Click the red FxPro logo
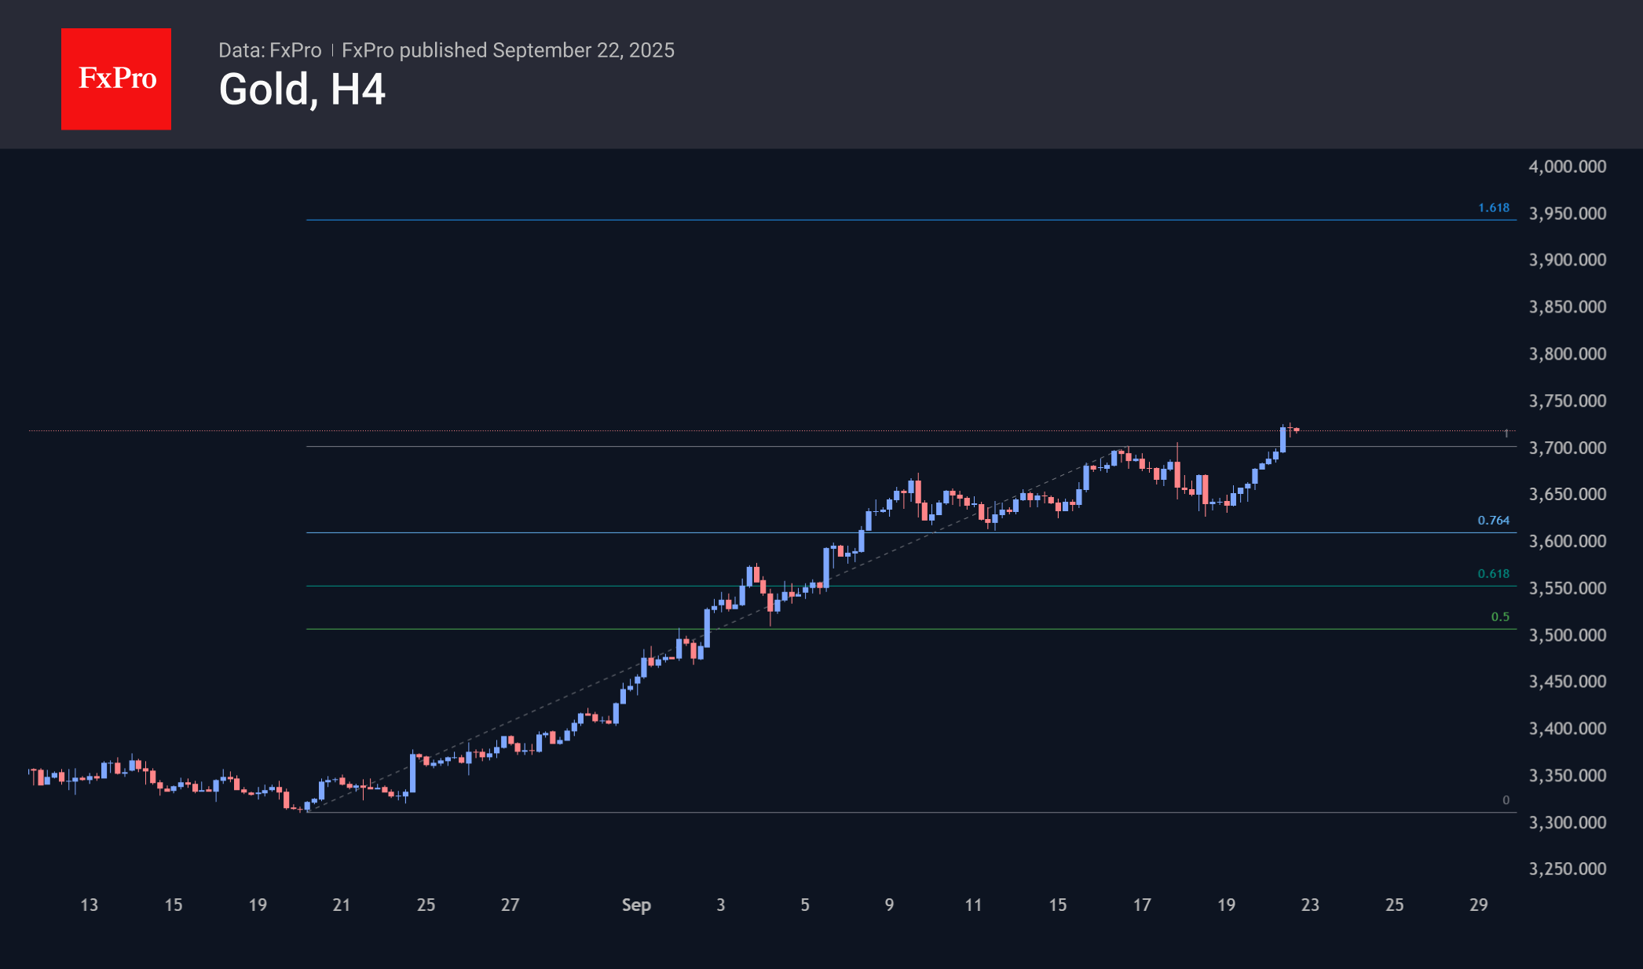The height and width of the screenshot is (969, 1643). (x=116, y=79)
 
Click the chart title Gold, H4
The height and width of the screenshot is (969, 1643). (x=302, y=90)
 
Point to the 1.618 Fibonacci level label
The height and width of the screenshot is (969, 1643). (x=1493, y=208)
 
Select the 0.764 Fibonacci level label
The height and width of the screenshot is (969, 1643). (x=1493, y=521)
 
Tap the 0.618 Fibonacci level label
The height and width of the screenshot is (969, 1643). (x=1493, y=574)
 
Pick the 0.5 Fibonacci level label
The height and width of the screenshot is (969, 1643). (x=1499, y=617)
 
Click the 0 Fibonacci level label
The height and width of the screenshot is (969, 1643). (x=1506, y=800)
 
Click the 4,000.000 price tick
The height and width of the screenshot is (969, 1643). (x=1567, y=166)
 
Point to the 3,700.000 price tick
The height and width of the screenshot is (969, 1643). (x=1567, y=448)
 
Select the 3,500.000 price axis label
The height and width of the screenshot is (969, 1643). (x=1567, y=634)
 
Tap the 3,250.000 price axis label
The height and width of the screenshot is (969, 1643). (x=1567, y=868)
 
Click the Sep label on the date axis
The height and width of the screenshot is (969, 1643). (x=636, y=905)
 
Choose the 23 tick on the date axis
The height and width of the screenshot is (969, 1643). (x=1310, y=905)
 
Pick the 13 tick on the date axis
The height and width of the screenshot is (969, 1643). (x=90, y=905)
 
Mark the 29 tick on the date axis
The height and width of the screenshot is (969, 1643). (x=1478, y=905)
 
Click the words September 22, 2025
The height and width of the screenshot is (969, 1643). (x=584, y=50)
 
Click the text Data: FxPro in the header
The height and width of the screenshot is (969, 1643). (x=269, y=50)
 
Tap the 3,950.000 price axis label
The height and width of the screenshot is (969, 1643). (x=1567, y=214)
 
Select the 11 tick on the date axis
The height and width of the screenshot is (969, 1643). (x=973, y=905)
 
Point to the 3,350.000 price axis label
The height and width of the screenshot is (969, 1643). (x=1567, y=775)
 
